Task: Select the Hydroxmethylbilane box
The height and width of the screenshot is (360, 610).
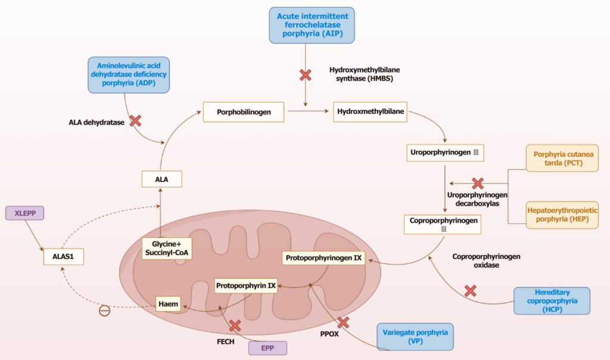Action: coord(371,111)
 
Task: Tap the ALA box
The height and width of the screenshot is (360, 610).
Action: coord(161,178)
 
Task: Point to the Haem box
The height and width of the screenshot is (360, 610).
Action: coord(167,304)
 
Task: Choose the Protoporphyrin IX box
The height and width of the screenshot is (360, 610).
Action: coord(246,285)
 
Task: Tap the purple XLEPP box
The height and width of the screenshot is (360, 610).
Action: coord(25,212)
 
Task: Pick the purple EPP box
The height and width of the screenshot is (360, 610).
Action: coord(267,347)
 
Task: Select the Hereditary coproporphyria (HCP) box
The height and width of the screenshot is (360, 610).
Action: coord(551,301)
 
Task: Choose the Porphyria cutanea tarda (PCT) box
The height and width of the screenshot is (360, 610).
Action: coord(562,158)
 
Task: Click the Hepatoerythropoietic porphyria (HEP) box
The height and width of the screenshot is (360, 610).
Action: coord(562,215)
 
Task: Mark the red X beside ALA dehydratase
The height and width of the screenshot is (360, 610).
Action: coord(135,121)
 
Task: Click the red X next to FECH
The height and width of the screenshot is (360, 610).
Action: coord(235,325)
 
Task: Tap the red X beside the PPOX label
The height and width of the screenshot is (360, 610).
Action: coord(343,322)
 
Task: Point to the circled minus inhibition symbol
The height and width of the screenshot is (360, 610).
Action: coord(104,310)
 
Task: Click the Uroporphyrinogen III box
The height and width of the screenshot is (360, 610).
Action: coord(444,153)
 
